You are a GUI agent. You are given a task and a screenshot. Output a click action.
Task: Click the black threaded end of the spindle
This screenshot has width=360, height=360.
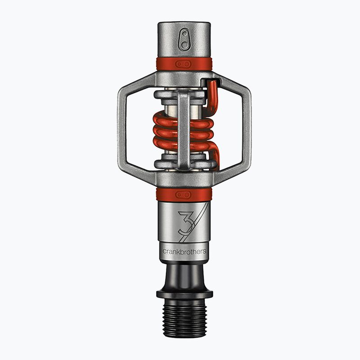pos(184,319)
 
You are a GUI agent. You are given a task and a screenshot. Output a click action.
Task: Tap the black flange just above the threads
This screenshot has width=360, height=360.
pos(184,294)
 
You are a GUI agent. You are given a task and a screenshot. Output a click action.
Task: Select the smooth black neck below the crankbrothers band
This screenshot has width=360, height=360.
pos(184,274)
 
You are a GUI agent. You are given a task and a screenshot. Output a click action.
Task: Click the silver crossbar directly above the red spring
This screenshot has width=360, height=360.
pos(166,95)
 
